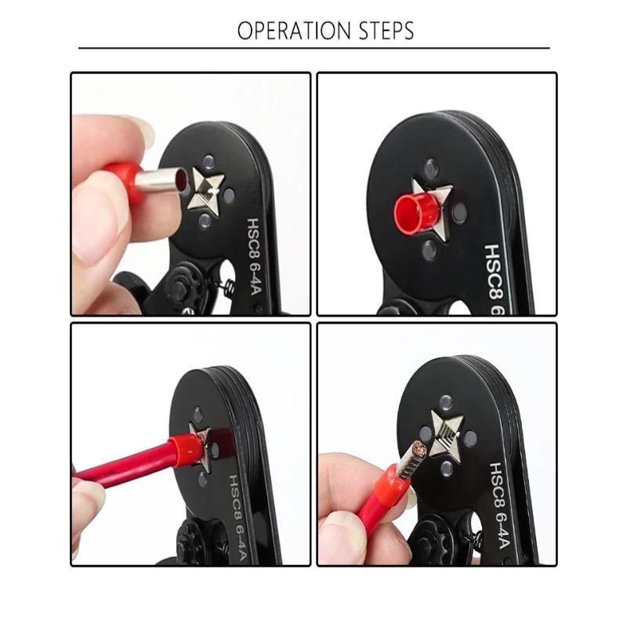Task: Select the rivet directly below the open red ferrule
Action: click(x=429, y=249)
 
